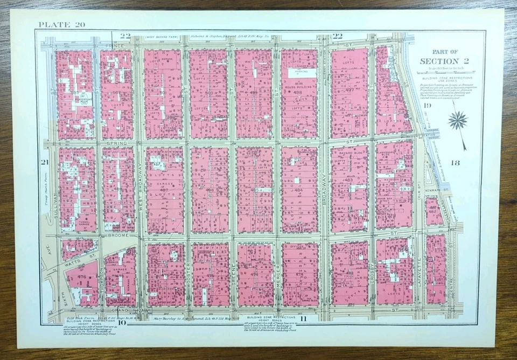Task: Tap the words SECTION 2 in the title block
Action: click(446, 61)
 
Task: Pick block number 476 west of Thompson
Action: click(81, 276)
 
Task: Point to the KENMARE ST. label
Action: click(441, 190)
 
